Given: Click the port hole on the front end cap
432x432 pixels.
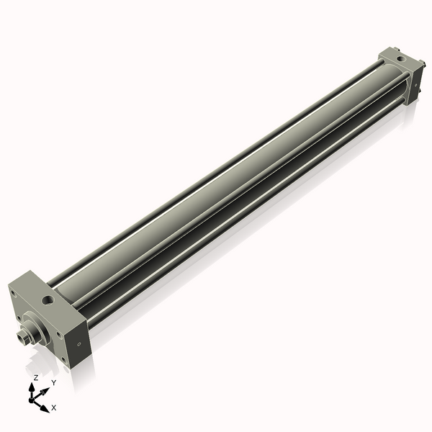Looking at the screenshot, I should [x=48, y=297].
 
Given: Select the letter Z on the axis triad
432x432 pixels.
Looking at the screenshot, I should [x=35, y=377].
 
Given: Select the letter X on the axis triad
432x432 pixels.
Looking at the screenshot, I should [x=53, y=408].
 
